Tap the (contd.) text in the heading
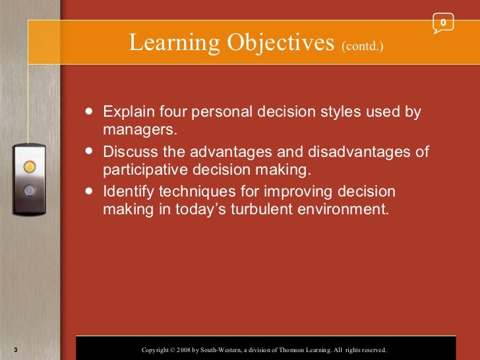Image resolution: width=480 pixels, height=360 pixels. tap(362, 46)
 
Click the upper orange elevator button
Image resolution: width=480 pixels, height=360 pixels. tap(29, 167)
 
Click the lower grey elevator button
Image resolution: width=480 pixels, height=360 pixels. tap(29, 191)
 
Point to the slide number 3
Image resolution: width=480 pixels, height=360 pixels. tap(15, 349)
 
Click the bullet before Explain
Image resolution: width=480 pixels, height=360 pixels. tap(90, 111)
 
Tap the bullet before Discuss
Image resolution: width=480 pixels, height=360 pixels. tap(90, 152)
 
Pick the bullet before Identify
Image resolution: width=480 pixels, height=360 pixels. tap(90, 192)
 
